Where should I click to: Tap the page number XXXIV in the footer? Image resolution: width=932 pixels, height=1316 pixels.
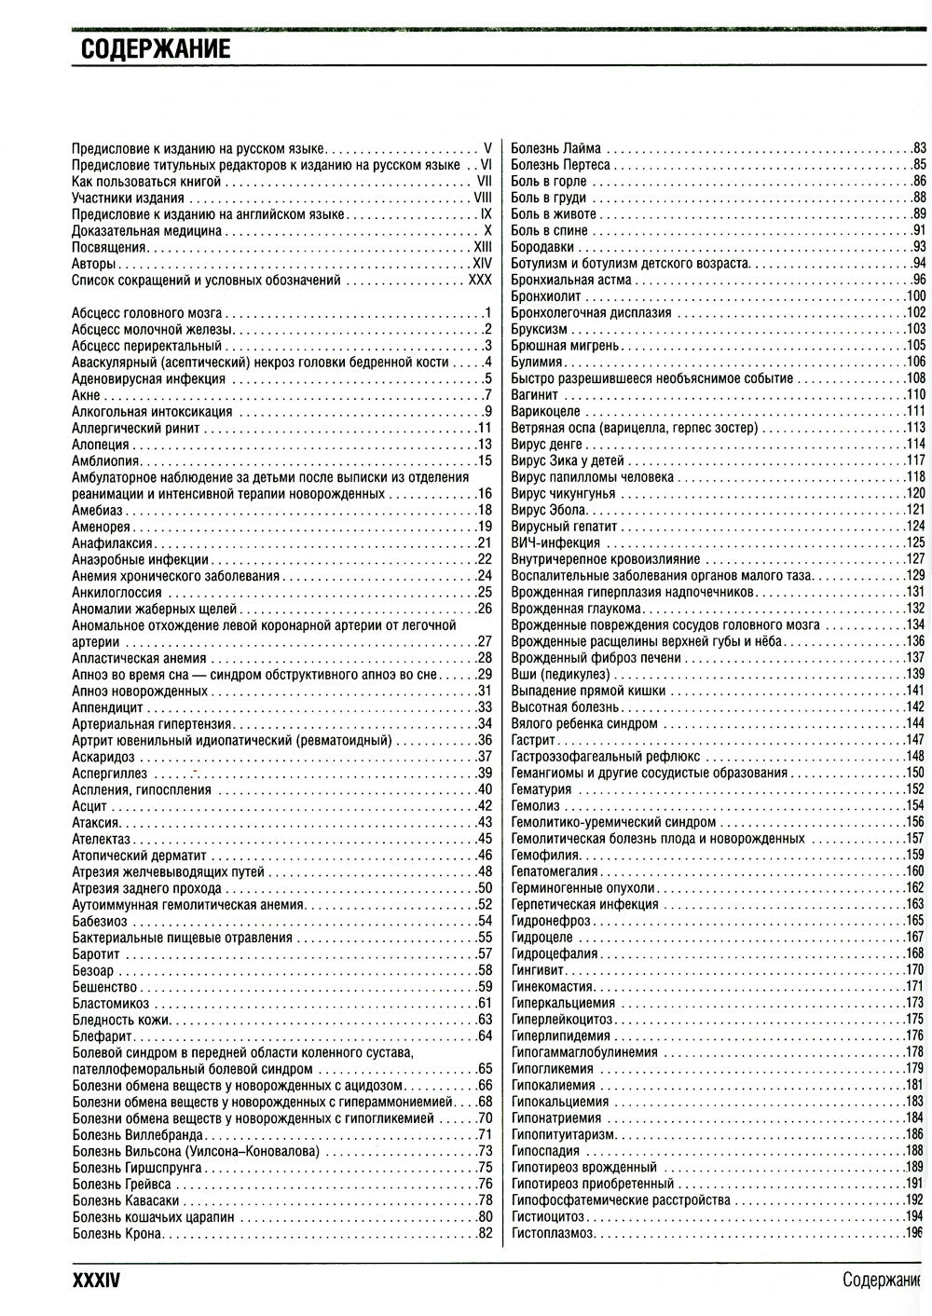tap(96, 1282)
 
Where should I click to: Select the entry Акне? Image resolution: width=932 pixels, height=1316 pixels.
tap(85, 395)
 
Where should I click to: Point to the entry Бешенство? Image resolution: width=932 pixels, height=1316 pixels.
tap(104, 986)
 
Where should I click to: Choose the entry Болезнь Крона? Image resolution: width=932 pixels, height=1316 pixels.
tap(117, 1233)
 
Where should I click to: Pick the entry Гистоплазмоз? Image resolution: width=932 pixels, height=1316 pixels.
tap(553, 1233)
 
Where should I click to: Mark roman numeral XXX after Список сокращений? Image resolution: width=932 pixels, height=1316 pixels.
tap(479, 280)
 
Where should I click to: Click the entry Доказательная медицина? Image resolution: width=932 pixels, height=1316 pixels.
tap(146, 230)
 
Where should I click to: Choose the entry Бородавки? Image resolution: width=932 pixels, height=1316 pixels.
tap(542, 247)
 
